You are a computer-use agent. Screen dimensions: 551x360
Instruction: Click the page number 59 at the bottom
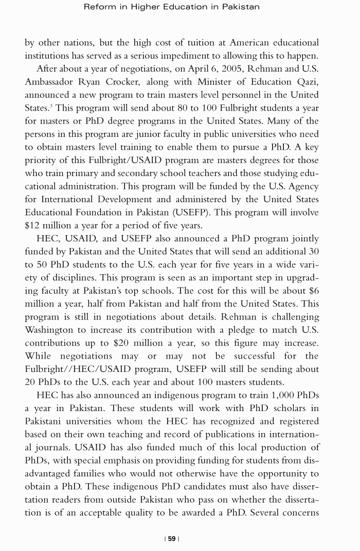(x=171, y=539)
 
